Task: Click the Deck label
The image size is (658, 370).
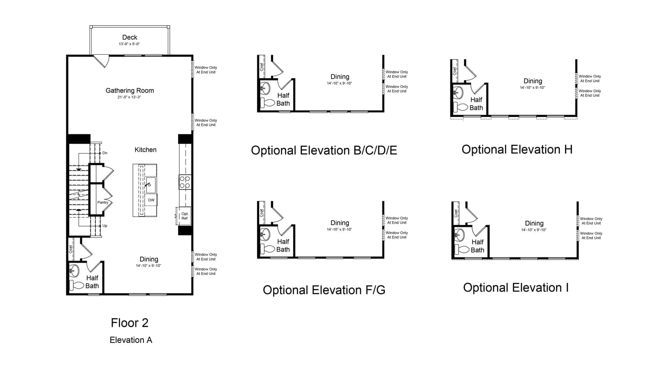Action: [x=130, y=37]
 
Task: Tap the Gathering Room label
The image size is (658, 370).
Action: [x=130, y=90]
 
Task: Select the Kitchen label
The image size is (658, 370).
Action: [x=146, y=150]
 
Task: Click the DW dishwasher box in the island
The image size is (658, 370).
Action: [x=151, y=200]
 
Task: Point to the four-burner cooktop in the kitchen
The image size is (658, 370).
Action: [x=185, y=182]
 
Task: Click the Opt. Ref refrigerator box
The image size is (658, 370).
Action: [x=184, y=216]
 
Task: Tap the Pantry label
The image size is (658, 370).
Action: [x=103, y=202]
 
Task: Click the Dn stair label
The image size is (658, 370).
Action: [x=104, y=153]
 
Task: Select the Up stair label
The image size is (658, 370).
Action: [x=104, y=226]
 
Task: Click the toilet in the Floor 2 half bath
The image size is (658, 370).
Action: [x=76, y=285]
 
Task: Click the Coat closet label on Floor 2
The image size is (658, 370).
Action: [x=70, y=249]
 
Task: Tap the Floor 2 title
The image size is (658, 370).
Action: [x=130, y=323]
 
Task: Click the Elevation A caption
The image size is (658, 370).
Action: [x=131, y=340]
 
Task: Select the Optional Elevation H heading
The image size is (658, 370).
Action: [x=517, y=150]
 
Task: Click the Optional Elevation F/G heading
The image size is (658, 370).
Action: [x=324, y=290]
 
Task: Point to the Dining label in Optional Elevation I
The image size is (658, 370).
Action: [x=534, y=223]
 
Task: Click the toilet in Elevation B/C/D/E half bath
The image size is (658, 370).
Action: [x=268, y=103]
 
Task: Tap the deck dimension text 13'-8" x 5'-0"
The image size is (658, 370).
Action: [x=129, y=44]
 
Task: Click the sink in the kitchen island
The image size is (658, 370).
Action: [x=151, y=185]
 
